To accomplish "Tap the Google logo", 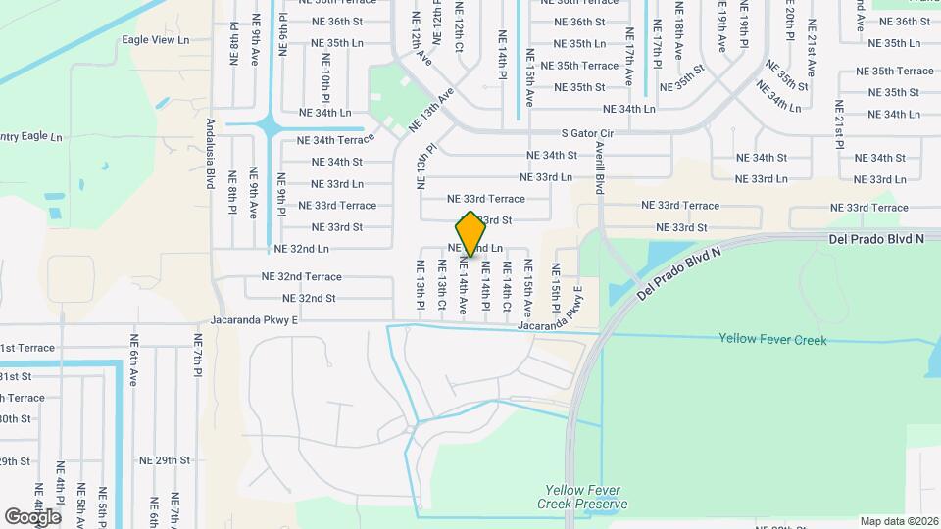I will click(32, 517).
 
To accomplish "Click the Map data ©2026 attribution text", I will click(899, 521).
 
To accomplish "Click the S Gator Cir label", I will click(587, 133).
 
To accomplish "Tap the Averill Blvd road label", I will click(600, 167).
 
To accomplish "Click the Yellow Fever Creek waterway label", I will click(772, 340).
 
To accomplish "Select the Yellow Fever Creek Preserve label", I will click(581, 498).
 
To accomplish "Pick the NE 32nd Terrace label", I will click(301, 277).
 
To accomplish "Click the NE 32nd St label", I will click(309, 299).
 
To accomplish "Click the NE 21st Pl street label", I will click(840, 124).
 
